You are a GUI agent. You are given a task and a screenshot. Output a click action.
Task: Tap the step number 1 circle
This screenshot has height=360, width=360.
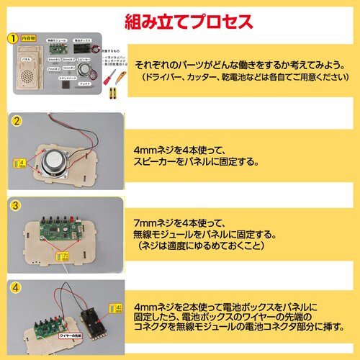pos(12,37)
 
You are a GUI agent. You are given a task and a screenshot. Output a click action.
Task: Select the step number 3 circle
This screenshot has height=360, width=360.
pos(15,204)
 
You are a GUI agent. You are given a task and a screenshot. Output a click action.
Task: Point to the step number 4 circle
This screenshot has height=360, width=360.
pos(15,287)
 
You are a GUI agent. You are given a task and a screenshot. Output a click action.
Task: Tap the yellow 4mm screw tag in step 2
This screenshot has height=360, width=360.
pos(22,164)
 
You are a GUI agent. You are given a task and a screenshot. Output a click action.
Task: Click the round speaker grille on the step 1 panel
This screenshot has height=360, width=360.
pos(26,74)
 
